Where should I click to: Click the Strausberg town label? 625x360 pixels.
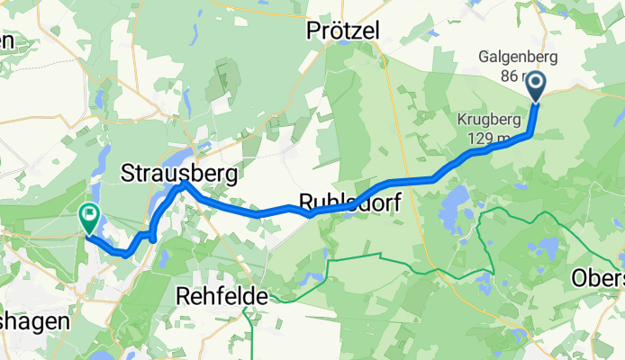[x=179, y=172]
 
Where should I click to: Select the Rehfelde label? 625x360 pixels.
[x=222, y=294]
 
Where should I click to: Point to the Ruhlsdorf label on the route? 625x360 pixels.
[x=348, y=200]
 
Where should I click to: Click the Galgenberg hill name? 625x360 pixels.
[x=518, y=58]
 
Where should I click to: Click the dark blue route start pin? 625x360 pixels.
[x=535, y=86]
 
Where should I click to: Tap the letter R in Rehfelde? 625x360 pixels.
[x=183, y=294]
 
